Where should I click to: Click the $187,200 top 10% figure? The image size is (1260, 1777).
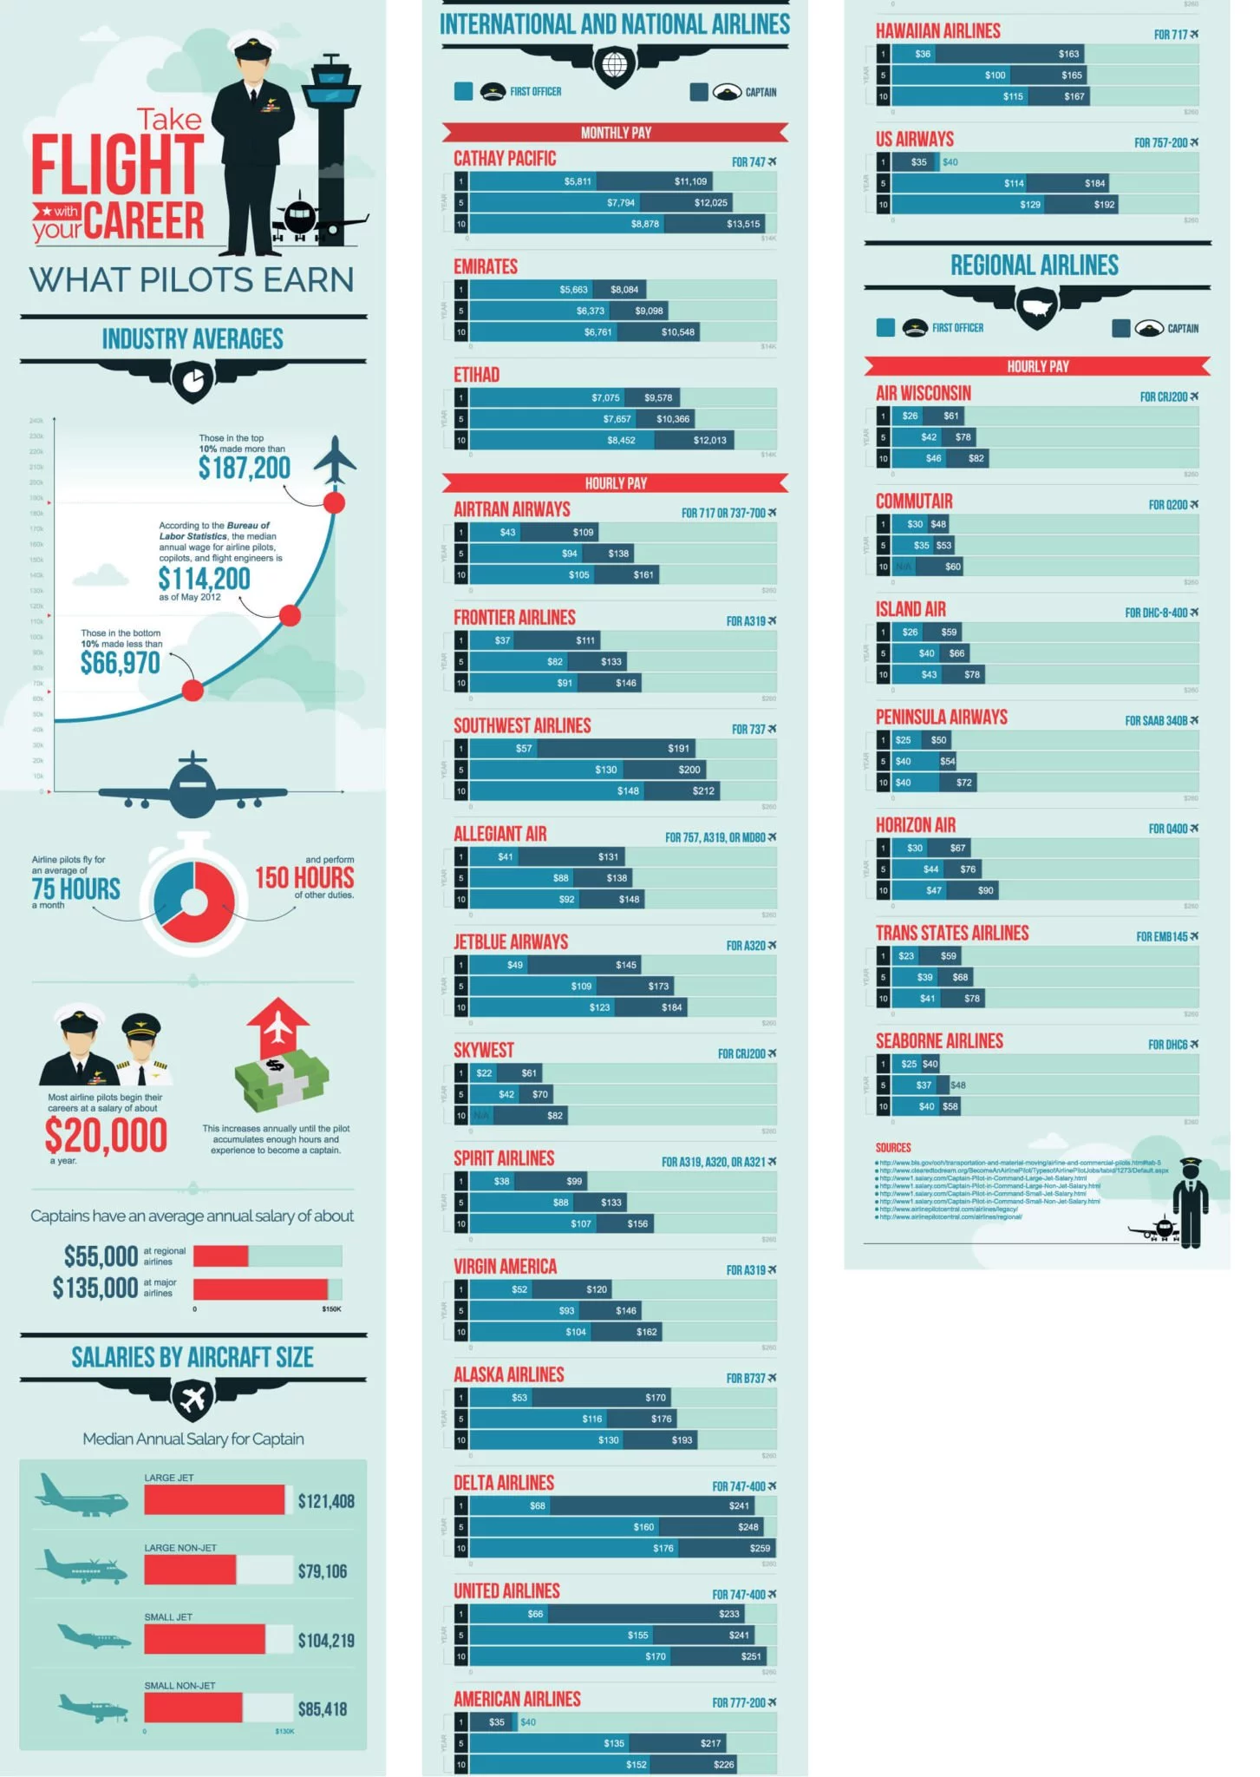coord(244,469)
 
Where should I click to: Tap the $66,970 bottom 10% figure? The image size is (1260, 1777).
coord(121,664)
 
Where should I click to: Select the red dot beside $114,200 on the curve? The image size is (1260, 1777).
coord(291,615)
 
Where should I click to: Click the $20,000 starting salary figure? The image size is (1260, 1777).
coord(106,1136)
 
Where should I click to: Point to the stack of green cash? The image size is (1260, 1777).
coord(282,1080)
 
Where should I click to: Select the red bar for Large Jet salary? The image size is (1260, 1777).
coord(214,1500)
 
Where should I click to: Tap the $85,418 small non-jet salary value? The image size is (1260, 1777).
coord(323,1709)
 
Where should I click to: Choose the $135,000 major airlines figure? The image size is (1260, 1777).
coord(95,1288)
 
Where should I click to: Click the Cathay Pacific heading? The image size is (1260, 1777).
coord(505,159)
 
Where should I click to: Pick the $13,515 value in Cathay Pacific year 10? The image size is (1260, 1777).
coord(743,224)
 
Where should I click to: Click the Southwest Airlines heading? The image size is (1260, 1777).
coord(522,726)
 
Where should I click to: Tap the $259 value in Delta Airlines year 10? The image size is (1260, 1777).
coord(760,1548)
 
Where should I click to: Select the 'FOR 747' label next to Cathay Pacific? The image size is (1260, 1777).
coord(753,162)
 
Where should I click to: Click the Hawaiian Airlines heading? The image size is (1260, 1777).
coord(937,31)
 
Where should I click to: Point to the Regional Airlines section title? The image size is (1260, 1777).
coord(1035,266)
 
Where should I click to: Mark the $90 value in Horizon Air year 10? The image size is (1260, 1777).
coord(986,890)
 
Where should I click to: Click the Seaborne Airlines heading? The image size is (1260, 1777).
coord(939,1041)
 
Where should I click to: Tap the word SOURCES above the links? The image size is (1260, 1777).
coord(893,1148)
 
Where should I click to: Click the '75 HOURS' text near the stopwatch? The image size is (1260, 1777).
coord(76,889)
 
